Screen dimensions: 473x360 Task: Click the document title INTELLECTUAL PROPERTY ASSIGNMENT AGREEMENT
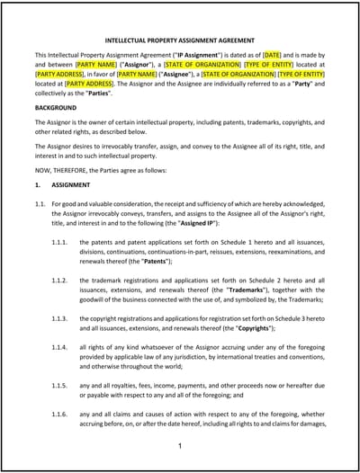click(180, 40)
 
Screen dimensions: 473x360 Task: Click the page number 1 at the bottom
click(180, 447)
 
